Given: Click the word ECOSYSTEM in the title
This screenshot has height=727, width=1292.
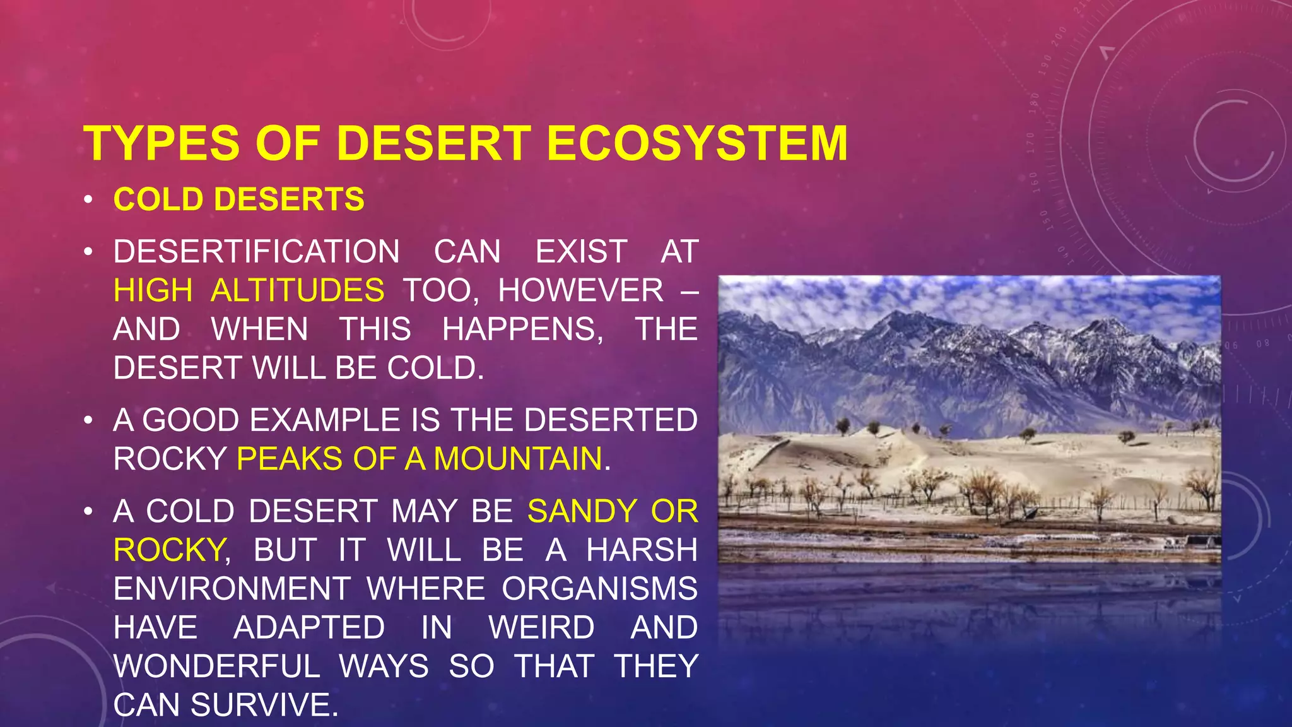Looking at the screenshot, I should click(x=697, y=143).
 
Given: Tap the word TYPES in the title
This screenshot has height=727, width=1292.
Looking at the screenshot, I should click(x=161, y=143).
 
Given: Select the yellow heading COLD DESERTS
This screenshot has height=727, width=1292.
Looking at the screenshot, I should click(x=238, y=199).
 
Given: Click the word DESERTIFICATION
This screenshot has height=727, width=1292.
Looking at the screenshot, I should click(x=256, y=251).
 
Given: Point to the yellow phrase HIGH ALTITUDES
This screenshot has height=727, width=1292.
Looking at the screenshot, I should click(x=249, y=290).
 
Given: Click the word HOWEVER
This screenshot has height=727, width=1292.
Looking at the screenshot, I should click(x=580, y=290).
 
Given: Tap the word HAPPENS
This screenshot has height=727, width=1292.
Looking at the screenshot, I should click(x=522, y=329).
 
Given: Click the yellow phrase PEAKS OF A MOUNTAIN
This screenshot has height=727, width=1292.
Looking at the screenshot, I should click(x=420, y=459).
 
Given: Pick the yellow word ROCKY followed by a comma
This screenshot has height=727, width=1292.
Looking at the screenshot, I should click(x=169, y=550).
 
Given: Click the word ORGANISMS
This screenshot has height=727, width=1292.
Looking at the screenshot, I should click(x=599, y=589).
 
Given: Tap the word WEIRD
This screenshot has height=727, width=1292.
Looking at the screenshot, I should click(x=541, y=628).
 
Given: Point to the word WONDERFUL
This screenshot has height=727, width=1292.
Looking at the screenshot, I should click(x=217, y=666).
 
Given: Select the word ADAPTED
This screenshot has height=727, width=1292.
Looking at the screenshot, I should click(x=309, y=628).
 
